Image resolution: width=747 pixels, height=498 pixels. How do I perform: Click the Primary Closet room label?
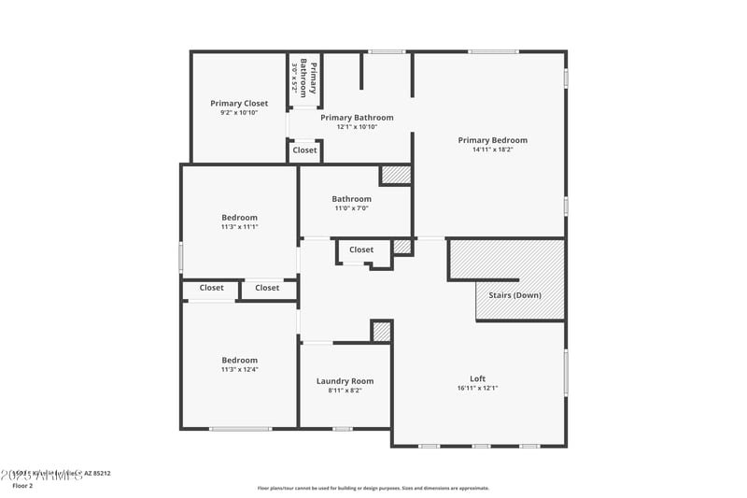click(x=239, y=103)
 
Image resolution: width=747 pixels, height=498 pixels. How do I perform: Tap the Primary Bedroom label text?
click(x=492, y=140)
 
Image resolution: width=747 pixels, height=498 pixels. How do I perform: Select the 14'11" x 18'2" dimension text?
click(x=492, y=149)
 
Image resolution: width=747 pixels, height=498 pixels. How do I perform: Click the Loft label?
click(x=477, y=378)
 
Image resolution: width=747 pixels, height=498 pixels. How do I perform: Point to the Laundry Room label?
click(x=345, y=380)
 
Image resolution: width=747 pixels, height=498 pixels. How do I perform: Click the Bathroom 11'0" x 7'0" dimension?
click(x=351, y=208)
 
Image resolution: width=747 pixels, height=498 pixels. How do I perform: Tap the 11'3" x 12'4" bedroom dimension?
click(x=239, y=370)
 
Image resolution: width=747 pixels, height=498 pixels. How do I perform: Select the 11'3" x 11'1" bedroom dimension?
click(x=239, y=227)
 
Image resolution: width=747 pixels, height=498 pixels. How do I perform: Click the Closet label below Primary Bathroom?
click(x=304, y=149)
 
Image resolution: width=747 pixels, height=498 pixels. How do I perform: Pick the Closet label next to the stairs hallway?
click(x=361, y=249)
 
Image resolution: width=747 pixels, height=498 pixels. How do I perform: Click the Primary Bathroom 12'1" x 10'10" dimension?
click(x=357, y=127)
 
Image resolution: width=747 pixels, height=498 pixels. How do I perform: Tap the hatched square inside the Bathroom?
click(x=396, y=175)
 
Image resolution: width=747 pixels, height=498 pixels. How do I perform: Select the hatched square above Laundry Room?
click(x=381, y=331)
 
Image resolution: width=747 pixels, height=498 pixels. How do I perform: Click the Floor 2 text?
click(x=22, y=486)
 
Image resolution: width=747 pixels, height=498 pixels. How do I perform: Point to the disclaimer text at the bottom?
click(x=373, y=488)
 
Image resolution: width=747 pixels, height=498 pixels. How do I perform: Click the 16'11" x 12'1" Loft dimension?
click(x=477, y=388)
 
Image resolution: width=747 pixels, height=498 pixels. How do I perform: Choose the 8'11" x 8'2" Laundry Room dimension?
click(x=345, y=391)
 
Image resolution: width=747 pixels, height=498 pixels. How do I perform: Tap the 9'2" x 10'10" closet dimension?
click(x=239, y=112)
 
